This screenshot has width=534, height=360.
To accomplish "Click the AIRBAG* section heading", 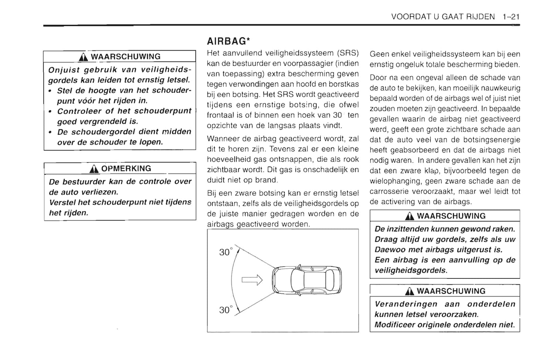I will (228, 41).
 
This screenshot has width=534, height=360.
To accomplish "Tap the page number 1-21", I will (511, 17).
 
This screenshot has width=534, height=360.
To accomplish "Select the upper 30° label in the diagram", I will (226, 252).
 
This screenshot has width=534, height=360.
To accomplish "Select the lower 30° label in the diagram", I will (226, 310).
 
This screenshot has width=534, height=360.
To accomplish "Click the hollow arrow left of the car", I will (252, 280).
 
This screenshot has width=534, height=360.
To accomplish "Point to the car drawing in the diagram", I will (307, 280).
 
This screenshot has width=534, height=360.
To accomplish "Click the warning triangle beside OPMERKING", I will (94, 169).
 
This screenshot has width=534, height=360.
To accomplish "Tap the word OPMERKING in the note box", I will (126, 169).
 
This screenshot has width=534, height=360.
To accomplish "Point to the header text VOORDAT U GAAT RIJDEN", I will (443, 17).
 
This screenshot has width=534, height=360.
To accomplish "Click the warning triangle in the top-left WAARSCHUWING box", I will (84, 57).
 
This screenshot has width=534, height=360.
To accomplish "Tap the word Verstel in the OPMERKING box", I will (62, 202).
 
